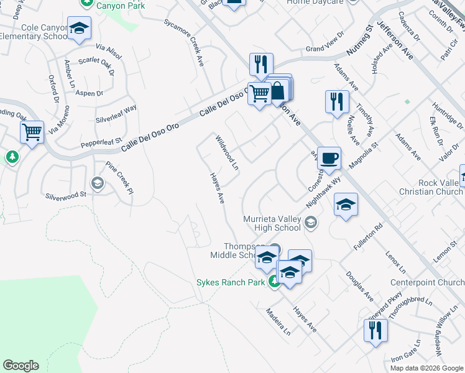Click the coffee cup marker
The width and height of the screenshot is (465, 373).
pyautogui.click(x=329, y=157)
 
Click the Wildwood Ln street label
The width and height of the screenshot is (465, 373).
pyautogui.click(x=227, y=152)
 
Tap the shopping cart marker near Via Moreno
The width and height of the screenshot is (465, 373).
pyautogui.click(x=32, y=132)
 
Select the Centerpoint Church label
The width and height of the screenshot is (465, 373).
pyautogui.click(x=427, y=283)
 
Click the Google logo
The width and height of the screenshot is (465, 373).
pyautogui.click(x=21, y=366)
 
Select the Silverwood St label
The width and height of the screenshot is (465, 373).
pyautogui.click(x=65, y=195)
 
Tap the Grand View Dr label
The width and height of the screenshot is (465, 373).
pyautogui.click(x=325, y=49)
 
